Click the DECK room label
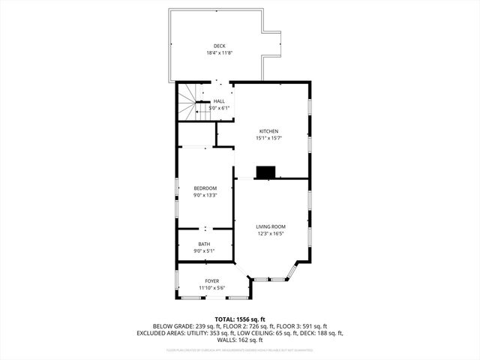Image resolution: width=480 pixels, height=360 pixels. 219,46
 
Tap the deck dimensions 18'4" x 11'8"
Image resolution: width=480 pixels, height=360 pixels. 219,53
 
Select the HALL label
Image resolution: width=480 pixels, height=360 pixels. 219,101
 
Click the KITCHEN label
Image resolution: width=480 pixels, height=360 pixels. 269,131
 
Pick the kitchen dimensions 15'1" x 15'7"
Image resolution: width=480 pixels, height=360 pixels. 269,138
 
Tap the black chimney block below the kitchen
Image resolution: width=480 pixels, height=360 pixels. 265,172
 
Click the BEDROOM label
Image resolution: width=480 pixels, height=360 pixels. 205,188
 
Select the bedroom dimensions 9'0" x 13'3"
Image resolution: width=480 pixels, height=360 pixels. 205,195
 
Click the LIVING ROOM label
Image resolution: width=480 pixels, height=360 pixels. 271,226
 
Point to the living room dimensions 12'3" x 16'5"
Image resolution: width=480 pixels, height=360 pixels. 271,233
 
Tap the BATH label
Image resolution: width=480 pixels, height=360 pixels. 205,244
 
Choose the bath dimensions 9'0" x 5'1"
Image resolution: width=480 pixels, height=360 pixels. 205,250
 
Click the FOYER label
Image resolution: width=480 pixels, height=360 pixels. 212,281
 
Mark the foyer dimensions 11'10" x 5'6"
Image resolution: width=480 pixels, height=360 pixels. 212,288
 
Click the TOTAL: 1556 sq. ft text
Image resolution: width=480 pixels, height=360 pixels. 240,319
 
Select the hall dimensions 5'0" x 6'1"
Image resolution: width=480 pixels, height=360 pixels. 219,108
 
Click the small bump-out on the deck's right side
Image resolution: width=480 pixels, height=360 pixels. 272,43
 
